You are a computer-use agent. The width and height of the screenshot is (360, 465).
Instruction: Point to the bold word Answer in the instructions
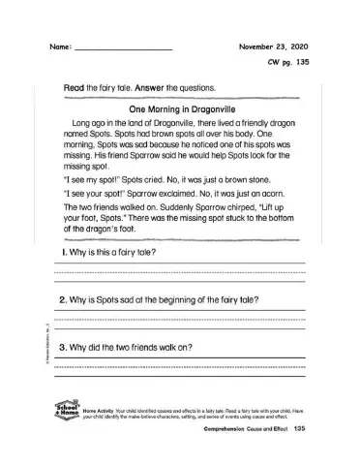(136, 88)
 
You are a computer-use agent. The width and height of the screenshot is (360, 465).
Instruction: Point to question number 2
(62, 300)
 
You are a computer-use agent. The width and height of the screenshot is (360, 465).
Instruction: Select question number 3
(62, 347)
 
